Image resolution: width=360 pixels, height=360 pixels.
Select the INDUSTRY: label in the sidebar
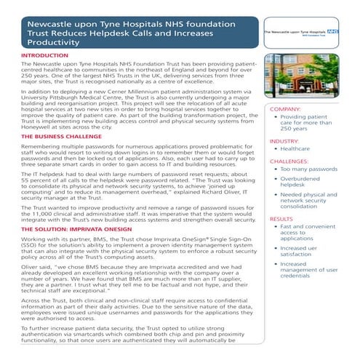tap(286, 140)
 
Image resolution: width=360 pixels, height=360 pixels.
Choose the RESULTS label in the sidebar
tap(281, 219)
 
